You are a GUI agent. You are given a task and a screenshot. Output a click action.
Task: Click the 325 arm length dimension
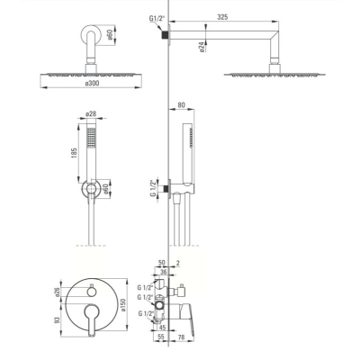coord(222,17)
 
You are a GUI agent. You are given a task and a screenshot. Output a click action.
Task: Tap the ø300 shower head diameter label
coord(92,83)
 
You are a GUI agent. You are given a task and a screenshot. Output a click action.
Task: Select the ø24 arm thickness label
coord(202,47)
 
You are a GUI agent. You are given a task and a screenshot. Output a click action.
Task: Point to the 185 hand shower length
coord(75,153)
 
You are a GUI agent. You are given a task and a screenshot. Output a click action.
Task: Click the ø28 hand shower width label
coord(91,114)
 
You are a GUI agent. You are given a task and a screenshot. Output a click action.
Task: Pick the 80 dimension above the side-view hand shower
coord(181,105)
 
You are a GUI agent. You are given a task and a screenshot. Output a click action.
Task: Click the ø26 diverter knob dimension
coord(58,292)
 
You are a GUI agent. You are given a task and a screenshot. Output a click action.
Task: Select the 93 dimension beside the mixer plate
coord(58,319)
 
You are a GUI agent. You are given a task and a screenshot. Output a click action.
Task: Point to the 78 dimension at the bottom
coord(181,337)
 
